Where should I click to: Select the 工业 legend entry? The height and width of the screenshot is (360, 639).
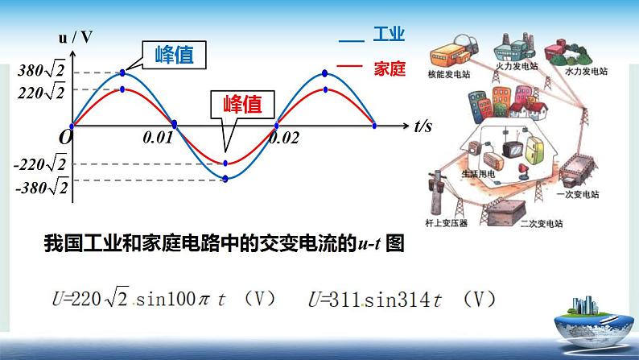click(387, 35)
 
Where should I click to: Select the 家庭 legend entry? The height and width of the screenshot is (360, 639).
click(387, 68)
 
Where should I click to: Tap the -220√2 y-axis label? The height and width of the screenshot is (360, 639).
click(40, 165)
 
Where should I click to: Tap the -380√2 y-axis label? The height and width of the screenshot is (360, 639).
click(40, 187)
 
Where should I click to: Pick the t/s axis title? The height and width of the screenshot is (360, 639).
click(423, 126)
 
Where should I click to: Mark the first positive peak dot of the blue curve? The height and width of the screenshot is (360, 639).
click(122, 73)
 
